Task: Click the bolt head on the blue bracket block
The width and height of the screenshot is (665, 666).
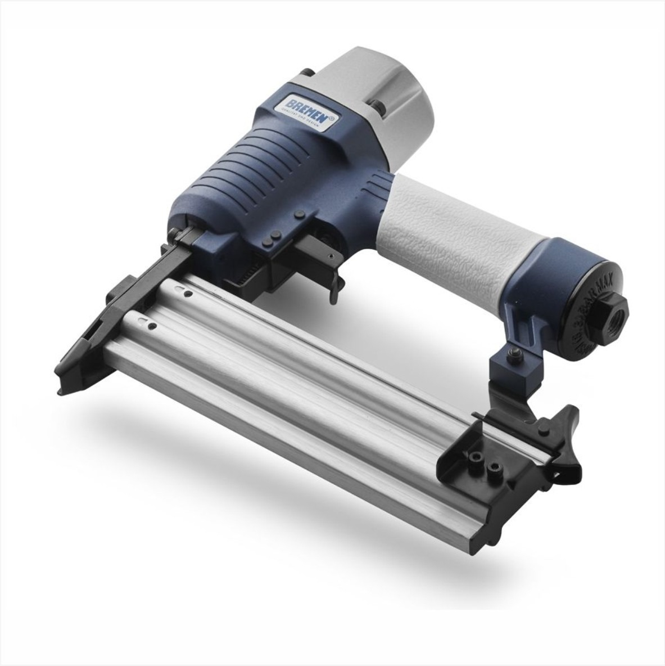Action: click(513, 353)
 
